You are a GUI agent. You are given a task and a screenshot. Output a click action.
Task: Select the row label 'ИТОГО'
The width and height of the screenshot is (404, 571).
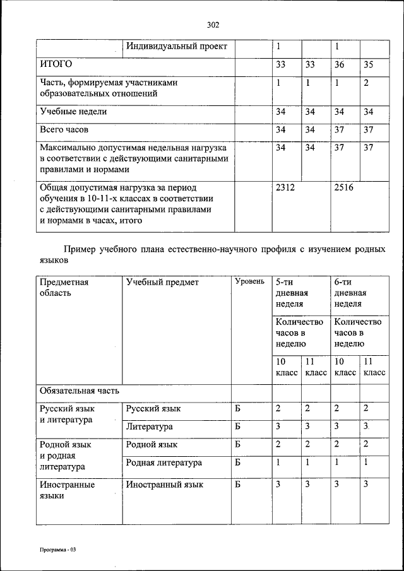click(x=56, y=64)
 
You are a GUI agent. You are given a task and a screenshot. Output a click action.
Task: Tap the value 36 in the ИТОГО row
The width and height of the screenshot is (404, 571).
click(x=340, y=64)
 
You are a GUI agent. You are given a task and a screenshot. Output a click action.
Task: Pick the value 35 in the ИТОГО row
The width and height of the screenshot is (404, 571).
click(x=369, y=64)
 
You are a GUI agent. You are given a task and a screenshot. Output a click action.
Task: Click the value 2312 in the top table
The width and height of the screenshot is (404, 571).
click(x=285, y=187)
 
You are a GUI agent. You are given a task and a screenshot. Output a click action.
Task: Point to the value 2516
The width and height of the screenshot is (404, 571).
click(x=344, y=187)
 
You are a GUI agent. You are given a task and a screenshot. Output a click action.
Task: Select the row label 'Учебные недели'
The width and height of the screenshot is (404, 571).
click(x=73, y=112)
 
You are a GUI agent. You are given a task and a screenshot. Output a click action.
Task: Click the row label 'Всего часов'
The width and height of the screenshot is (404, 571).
click(x=65, y=130)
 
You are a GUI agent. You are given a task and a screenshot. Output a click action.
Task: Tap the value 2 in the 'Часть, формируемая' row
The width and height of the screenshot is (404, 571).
click(x=366, y=83)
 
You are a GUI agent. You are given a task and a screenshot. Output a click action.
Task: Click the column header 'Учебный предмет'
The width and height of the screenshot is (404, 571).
click(x=162, y=282)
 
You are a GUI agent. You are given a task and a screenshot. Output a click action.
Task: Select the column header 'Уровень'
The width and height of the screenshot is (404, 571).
click(x=249, y=281)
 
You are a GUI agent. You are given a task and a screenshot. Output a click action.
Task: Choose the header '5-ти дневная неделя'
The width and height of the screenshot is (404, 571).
click(x=291, y=293)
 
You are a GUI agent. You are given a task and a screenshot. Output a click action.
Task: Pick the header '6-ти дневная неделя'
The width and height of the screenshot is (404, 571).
click(x=350, y=293)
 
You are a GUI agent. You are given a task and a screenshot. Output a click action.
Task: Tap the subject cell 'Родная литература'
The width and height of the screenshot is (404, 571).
click(x=164, y=462)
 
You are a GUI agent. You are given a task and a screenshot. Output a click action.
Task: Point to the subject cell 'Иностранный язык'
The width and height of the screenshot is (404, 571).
click(x=165, y=485)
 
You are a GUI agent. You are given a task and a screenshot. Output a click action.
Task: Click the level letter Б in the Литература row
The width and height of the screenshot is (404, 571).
click(x=238, y=427)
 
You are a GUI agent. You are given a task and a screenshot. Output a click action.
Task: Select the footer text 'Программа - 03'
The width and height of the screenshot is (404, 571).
click(x=57, y=550)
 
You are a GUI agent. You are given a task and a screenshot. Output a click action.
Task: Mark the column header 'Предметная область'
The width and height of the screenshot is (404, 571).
click(x=64, y=287)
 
